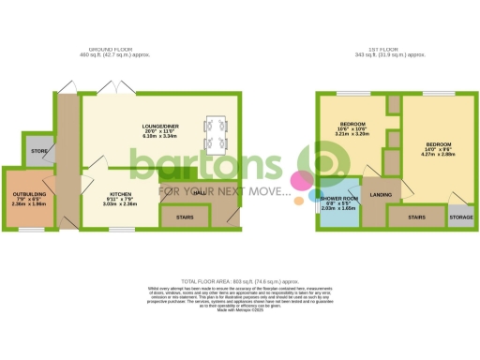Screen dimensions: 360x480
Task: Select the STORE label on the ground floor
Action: coord(38,150)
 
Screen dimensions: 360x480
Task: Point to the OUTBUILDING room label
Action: coord(27,195)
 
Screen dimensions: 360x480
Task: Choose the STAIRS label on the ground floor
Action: coord(186,217)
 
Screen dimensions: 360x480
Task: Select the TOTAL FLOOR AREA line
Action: coord(240,281)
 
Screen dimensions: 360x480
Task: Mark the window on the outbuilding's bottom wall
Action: coord(26,229)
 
